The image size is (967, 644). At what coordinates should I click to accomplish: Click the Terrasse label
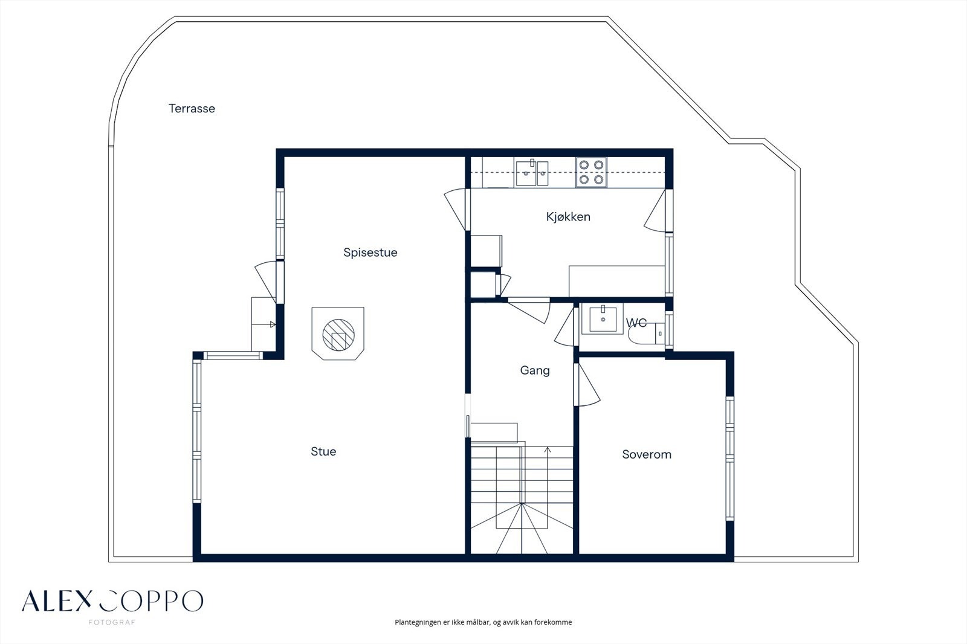pos(192,108)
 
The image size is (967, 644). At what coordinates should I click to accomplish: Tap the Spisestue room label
pos(370,253)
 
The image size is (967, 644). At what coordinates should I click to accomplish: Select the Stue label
pos(323,451)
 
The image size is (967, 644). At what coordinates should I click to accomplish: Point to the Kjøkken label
pos(568,217)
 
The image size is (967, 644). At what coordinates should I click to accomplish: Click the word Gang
pos(535,371)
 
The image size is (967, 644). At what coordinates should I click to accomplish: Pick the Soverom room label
pos(647,454)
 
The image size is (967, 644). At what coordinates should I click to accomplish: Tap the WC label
pos(636,323)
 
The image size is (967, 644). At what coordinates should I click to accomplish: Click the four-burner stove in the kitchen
pos(591,172)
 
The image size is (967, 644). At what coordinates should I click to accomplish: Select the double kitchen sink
pos(532,173)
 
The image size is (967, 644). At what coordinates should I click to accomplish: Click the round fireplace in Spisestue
pos(338,335)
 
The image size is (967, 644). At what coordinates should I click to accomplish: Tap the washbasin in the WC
pos(603,319)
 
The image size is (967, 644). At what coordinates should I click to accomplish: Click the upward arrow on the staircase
pos(548,475)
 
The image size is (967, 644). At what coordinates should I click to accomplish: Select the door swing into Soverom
pos(587,385)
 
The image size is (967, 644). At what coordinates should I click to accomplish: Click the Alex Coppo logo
pos(112,601)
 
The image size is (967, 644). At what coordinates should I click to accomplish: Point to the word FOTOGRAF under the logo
pos(112,622)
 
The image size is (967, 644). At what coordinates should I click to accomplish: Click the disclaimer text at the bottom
pos(483,622)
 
